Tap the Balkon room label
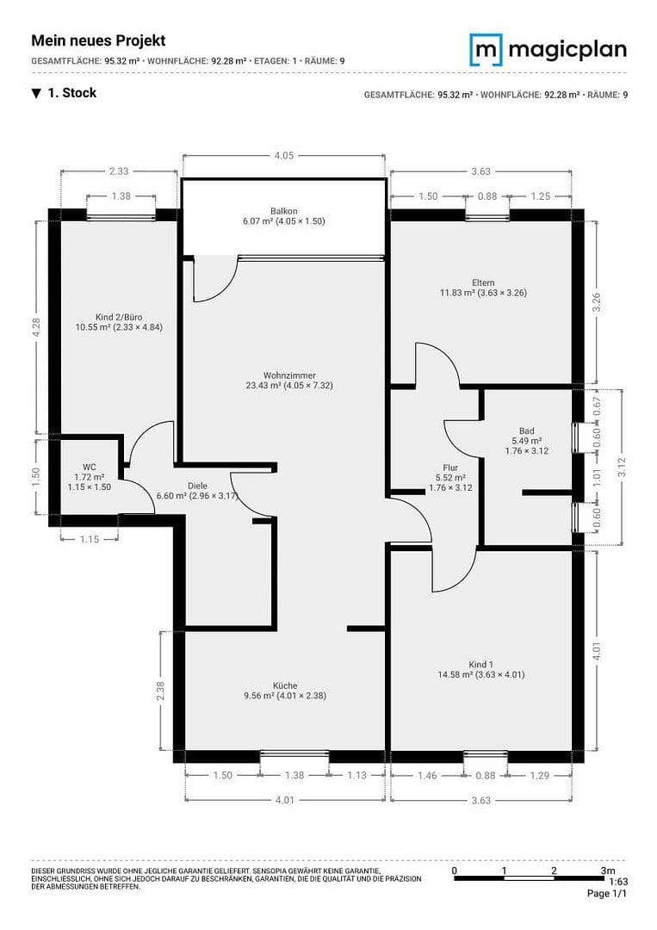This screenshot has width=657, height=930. [283, 211]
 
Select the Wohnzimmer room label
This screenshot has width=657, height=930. [289, 375]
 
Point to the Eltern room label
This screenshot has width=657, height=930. [483, 282]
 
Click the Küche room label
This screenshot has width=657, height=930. [285, 685]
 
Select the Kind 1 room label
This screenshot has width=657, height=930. [480, 664]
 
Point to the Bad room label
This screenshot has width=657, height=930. [526, 431]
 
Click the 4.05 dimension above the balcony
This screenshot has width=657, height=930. [283, 156]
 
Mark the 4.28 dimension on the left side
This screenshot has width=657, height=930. [35, 327]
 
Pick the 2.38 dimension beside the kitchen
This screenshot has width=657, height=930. [160, 691]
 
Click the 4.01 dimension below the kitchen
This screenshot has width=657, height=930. [284, 800]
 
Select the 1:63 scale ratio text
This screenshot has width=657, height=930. [617, 882]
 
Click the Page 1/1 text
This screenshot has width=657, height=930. [607, 894]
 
